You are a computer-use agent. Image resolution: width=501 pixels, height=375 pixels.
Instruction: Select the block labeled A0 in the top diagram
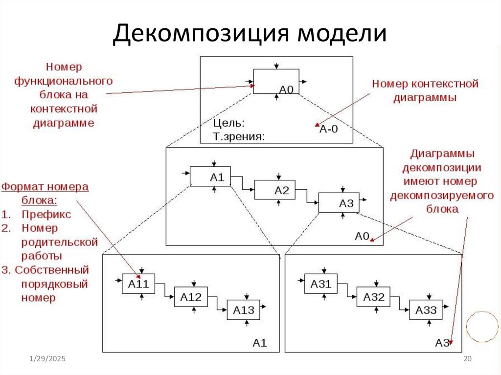coord(276,81)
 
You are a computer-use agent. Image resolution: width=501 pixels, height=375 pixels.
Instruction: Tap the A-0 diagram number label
coord(329,129)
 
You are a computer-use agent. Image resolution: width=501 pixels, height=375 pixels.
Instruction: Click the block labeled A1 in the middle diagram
coord(210,176)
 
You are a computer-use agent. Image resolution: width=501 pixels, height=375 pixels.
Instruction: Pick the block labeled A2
coord(275,190)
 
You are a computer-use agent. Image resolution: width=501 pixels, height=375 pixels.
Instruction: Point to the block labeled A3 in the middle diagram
coord(339,202)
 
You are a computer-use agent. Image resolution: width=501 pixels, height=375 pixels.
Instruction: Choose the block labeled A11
coord(138,284)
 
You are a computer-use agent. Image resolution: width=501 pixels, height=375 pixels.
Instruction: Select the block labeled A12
coord(191,297)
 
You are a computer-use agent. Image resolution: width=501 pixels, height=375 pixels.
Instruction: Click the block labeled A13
coord(243,310)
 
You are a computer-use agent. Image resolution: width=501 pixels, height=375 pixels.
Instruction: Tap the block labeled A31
coord(321,284)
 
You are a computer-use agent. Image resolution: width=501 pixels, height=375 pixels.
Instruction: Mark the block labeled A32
coord(373,297)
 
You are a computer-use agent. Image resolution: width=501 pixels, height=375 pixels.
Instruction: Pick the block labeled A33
coord(426,310)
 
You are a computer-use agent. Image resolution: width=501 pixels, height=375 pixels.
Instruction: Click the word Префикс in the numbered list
coord(46,214)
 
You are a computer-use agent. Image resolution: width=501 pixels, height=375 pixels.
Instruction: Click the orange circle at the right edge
coord(482,327)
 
